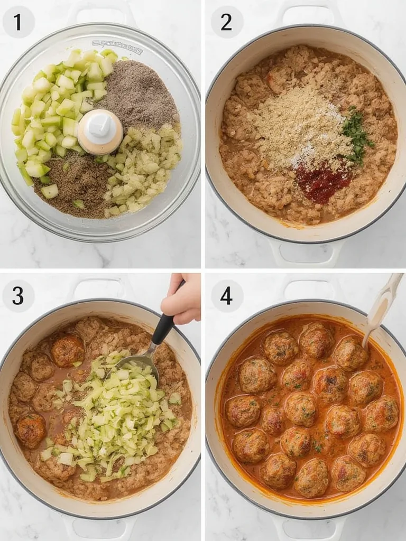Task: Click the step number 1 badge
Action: pos(18,22)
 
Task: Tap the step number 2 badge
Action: pos(227,22)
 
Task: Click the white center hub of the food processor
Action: pos(100,130)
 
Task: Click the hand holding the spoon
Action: pos(182,299)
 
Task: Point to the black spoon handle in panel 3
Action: pos(163,328)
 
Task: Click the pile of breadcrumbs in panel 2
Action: pos(299,127)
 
